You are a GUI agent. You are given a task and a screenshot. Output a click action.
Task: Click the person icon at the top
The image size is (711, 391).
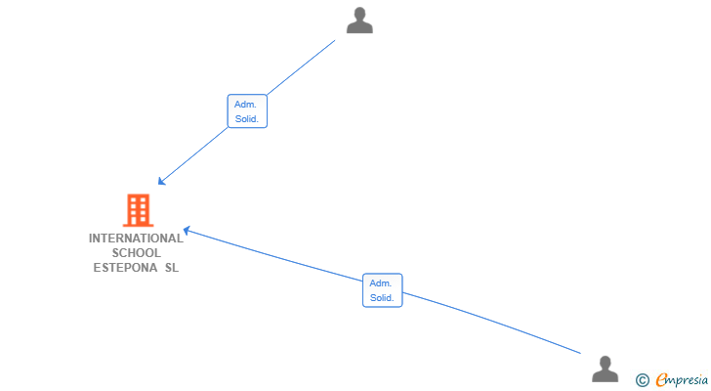click(359, 21)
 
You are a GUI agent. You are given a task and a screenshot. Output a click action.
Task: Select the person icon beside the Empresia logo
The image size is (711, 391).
click(605, 369)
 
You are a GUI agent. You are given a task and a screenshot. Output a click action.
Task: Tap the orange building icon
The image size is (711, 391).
click(139, 210)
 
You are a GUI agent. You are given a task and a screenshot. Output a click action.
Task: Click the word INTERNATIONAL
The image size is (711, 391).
click(136, 239)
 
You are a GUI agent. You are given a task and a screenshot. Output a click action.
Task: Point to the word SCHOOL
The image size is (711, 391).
click(137, 253)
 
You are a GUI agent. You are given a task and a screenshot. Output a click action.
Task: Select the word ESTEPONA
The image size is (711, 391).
click(126, 268)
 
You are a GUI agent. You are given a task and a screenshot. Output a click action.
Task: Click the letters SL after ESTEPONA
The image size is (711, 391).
click(172, 268)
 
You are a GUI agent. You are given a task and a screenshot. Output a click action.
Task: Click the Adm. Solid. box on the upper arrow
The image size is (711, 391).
click(247, 111)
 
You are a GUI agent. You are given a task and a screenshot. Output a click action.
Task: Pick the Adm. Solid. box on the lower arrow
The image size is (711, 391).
click(382, 290)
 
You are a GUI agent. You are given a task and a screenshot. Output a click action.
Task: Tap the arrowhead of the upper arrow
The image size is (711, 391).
click(161, 182)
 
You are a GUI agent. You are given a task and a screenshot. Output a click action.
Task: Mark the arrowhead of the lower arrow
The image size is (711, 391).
click(187, 231)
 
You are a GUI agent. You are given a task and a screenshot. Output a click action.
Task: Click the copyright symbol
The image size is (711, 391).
click(642, 380)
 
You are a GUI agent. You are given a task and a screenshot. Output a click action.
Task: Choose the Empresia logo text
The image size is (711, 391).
click(682, 379)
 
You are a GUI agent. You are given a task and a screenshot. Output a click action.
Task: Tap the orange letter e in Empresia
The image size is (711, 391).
click(661, 379)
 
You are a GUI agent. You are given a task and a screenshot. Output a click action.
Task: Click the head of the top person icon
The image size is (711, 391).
click(360, 14)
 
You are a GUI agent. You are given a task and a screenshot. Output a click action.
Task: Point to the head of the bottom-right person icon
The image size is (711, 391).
click(606, 364)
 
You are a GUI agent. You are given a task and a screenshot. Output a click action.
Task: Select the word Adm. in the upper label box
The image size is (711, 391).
click(245, 105)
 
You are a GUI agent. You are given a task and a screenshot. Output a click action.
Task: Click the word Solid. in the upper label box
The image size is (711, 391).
click(247, 119)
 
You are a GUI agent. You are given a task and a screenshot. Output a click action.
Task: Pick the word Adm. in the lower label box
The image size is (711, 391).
click(381, 283)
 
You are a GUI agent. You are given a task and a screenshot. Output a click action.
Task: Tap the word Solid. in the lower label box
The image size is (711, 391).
click(382, 298)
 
